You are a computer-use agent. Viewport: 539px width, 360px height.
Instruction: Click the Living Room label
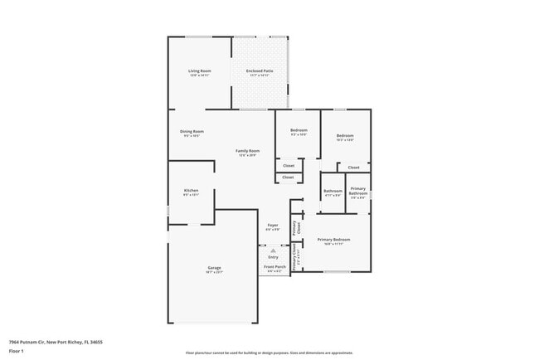200,71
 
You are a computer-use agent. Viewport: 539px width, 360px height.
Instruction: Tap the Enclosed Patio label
260,71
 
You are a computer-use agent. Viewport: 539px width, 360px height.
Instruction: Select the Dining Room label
192,132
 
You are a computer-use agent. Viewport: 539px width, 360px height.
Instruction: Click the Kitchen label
191,191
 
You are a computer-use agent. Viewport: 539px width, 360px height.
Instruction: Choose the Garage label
214,267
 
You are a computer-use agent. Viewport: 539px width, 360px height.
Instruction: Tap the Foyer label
273,226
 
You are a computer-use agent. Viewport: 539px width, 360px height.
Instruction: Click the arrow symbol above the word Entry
273,249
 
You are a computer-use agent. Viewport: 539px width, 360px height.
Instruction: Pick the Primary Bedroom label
333,240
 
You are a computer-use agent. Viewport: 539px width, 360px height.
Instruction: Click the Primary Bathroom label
358,192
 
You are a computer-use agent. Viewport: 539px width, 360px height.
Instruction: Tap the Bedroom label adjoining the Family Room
299,130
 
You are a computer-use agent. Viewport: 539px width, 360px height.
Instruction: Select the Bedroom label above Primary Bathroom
345,135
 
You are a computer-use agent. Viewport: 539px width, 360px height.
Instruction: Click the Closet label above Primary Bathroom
353,168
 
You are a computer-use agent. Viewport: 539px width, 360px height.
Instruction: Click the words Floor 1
16,351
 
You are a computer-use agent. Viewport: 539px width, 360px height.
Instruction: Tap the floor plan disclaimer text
269,353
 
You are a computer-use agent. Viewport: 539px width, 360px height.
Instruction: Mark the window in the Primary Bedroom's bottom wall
336,272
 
